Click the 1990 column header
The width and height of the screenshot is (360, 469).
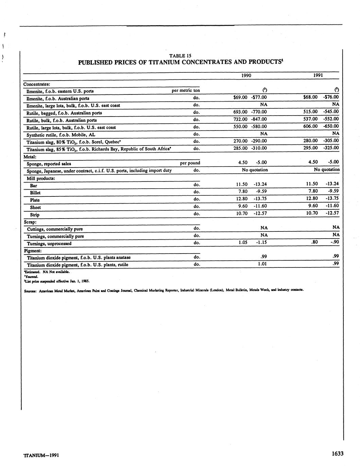(x=246, y=75)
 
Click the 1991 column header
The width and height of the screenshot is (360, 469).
(x=318, y=75)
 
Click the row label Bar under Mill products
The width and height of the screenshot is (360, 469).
(x=33, y=186)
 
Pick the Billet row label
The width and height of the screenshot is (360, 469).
(x=35, y=193)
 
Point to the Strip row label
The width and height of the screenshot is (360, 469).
(x=35, y=215)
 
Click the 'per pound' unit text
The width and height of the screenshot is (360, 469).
(x=190, y=163)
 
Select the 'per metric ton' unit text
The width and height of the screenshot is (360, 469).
(x=186, y=90)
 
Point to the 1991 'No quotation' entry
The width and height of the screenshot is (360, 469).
(x=326, y=169)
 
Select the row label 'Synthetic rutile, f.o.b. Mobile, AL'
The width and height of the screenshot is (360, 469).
(x=61, y=135)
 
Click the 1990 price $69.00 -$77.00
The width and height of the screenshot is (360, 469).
(x=250, y=97)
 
